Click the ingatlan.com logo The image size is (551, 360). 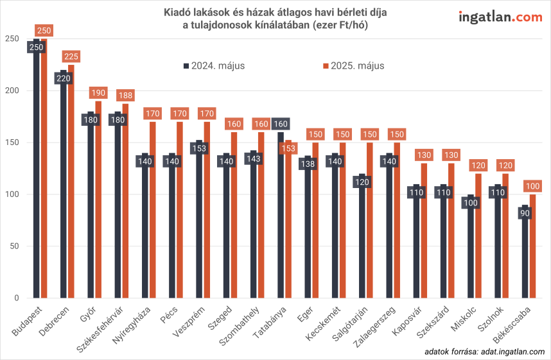click(500, 17)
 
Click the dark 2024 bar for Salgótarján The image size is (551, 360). click(363, 244)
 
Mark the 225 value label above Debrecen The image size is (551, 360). click(71, 56)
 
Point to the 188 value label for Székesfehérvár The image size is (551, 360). click(126, 95)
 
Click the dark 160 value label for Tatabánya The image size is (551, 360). click(281, 124)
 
